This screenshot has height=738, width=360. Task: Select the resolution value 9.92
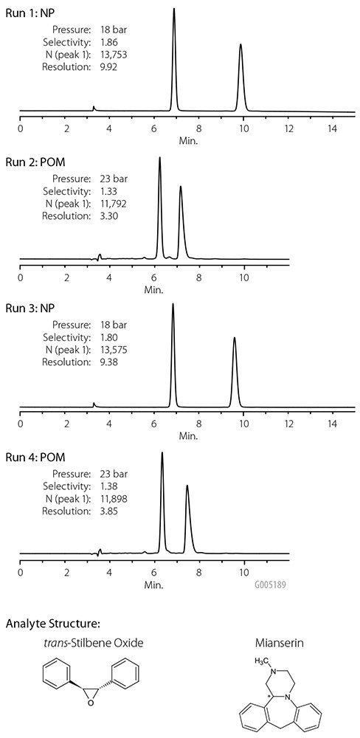coord(110,66)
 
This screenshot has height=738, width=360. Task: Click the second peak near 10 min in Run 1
coord(240,46)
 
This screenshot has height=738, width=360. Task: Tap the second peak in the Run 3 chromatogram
coord(235,339)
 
